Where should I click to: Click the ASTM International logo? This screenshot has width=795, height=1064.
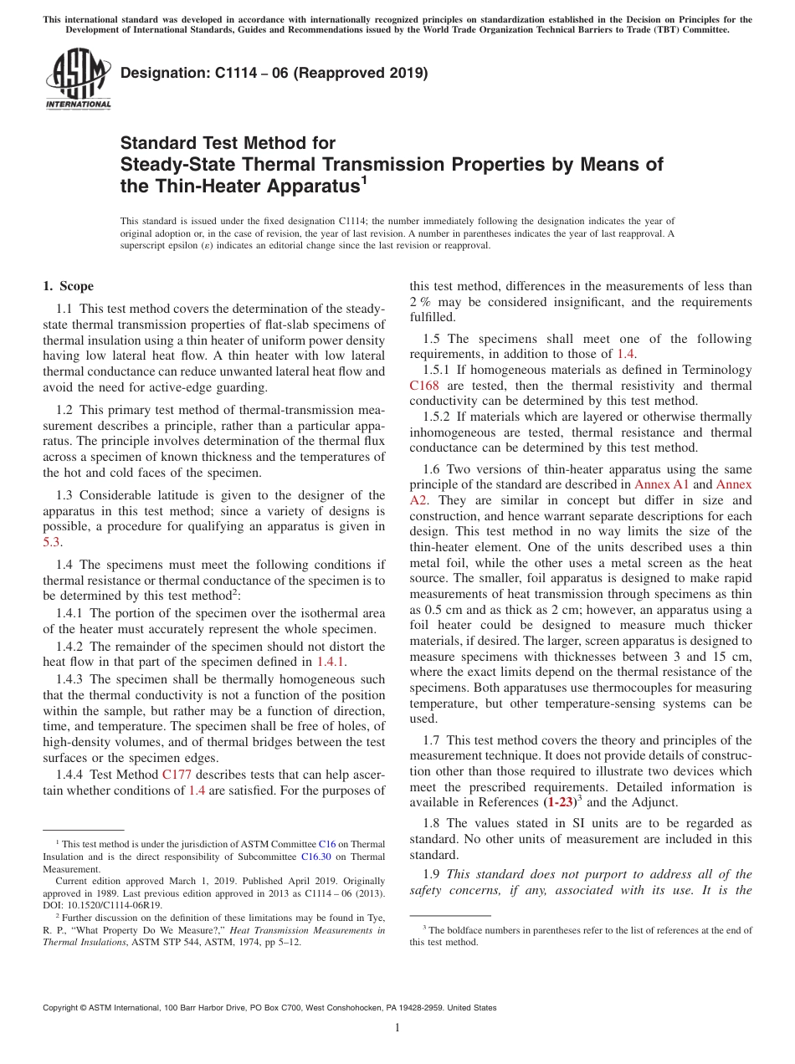[x=78, y=79]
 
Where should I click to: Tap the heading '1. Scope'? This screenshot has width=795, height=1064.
[x=68, y=286]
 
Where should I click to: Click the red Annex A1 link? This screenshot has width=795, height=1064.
[x=662, y=484]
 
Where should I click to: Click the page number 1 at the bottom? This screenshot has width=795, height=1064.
[x=397, y=1028]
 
